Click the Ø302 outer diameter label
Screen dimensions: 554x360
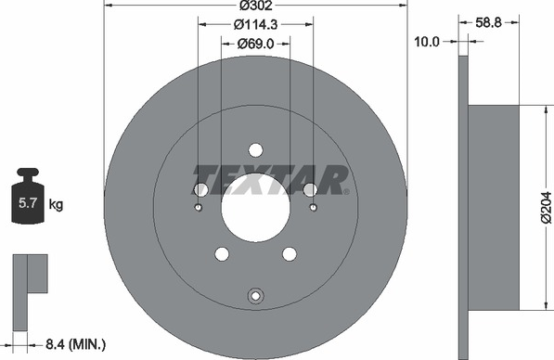coord(256,6)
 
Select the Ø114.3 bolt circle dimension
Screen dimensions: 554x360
coord(256,24)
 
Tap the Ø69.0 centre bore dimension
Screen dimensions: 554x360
coord(255,44)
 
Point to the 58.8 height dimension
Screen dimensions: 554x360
coord(488,22)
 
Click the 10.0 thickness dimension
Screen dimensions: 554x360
coord(427,42)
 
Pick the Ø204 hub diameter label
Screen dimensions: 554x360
coord(546,208)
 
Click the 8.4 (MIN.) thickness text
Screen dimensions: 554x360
coord(75,343)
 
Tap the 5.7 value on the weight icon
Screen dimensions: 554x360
coord(28,203)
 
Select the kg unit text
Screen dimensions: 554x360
coord(56,204)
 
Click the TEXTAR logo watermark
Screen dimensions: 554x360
coord(271,180)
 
